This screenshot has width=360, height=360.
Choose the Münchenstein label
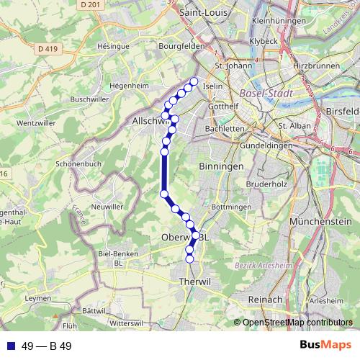[x=315, y=223]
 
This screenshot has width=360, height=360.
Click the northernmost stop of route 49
[x=194, y=81]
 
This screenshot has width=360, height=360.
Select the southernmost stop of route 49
[x=190, y=258]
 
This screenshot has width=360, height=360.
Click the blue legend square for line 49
[x=10, y=346]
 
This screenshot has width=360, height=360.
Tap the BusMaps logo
[x=325, y=346]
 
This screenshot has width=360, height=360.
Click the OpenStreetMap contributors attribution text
[x=297, y=323]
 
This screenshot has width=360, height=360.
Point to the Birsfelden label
[x=343, y=112]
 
